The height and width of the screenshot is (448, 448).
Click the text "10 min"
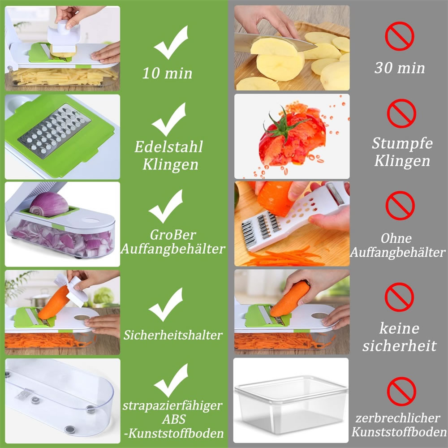pyautogui.click(x=167, y=73)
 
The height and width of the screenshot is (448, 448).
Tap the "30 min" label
pyautogui.click(x=400, y=68)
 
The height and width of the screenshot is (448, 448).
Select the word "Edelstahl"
pyautogui.click(x=168, y=147)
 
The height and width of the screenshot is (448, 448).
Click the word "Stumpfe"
pyautogui.click(x=402, y=143)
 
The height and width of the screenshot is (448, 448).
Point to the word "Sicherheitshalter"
pyautogui.click(x=173, y=335)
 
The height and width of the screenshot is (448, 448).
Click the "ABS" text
pyautogui.click(x=174, y=419)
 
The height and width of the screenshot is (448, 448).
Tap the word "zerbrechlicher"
pyautogui.click(x=398, y=418)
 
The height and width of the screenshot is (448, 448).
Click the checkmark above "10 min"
pyautogui.click(x=171, y=42)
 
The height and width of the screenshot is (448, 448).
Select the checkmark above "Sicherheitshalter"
pyautogui.click(x=166, y=304)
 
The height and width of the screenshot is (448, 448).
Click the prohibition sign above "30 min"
pyautogui.click(x=400, y=36)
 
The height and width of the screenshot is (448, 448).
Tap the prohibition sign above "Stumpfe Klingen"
pyautogui.click(x=401, y=113)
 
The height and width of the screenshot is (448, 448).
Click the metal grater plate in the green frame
pyautogui.click(x=54, y=131)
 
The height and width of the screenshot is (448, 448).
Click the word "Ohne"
pyautogui.click(x=396, y=238)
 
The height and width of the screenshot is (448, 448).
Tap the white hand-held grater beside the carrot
pyautogui.click(x=294, y=217)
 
